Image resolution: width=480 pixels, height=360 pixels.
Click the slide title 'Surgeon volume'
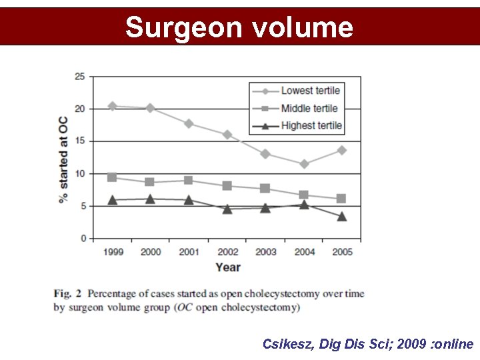click(239, 27)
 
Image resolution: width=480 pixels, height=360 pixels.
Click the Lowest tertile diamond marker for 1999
click(112, 106)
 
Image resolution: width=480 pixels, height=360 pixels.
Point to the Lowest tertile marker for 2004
click(304, 163)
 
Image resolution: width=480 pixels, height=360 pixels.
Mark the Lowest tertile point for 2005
click(341, 150)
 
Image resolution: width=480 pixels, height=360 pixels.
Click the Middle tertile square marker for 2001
click(189, 180)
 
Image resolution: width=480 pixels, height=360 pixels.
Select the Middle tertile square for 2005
click(341, 198)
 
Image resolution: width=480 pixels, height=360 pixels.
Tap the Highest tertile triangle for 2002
click(227, 209)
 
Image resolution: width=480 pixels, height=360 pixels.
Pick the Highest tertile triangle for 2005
click(341, 216)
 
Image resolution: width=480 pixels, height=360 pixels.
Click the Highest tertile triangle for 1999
click(112, 199)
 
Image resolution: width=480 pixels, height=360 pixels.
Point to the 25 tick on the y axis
click(79, 77)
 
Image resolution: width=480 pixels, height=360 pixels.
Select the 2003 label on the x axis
click(265, 252)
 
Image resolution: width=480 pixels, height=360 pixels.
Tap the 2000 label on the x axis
click(150, 252)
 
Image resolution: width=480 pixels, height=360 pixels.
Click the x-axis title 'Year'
click(228, 267)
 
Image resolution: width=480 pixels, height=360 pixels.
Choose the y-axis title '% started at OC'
click(63, 159)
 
